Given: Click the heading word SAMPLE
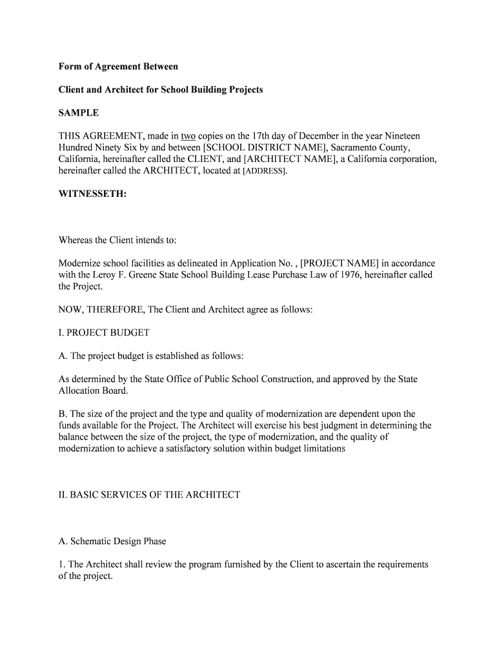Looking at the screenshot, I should (x=79, y=113).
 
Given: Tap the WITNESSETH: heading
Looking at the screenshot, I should (x=92, y=194).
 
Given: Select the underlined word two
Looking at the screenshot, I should (x=188, y=136).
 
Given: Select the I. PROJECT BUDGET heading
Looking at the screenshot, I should (x=104, y=333).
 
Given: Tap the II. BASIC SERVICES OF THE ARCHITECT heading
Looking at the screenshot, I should (x=149, y=495).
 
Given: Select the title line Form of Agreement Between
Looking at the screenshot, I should (x=118, y=66).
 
